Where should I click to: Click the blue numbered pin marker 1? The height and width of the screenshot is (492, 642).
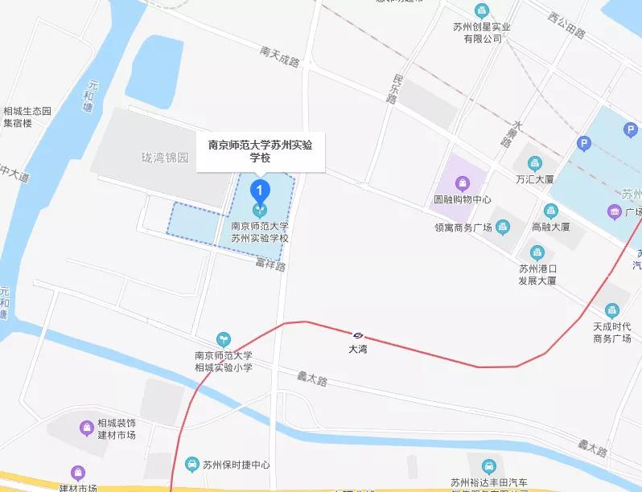259,191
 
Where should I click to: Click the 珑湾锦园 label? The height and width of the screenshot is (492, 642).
164,158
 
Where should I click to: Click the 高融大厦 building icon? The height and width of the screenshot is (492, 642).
551,211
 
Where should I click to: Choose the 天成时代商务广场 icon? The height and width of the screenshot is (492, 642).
612,310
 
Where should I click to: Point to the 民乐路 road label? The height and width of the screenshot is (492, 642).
393,89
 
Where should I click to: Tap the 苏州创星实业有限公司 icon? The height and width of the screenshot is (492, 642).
481,10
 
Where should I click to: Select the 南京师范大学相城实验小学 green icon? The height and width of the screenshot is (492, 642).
224,340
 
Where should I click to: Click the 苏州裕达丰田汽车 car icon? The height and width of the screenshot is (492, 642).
488,466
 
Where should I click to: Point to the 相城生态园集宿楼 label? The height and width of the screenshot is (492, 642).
27,117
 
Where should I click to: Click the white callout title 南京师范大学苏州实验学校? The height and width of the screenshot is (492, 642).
261,151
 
